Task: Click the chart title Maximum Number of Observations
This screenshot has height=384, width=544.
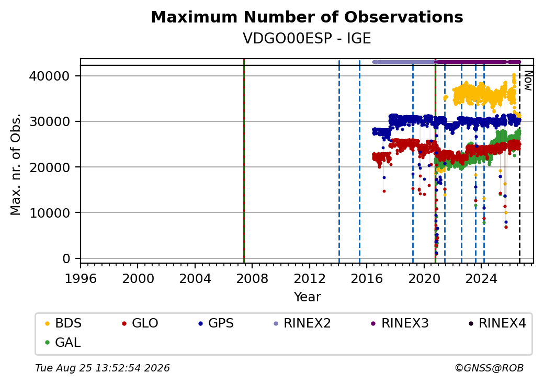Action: pos(307,17)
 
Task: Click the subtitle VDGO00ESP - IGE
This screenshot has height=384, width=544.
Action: pos(307,39)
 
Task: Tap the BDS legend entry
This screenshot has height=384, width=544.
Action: pos(63,323)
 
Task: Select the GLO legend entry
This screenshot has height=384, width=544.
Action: pos(140,323)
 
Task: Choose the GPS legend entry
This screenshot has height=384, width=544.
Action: pos(216,323)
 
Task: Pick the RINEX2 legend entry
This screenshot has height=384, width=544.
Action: pos(302,323)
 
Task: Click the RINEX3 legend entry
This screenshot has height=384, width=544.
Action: pos(400,323)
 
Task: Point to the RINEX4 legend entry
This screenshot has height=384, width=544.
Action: pos(497,323)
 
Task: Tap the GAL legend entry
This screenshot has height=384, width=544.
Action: pos(63,342)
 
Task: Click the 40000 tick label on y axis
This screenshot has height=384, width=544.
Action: pos(50,76)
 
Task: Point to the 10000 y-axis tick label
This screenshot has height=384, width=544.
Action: pos(50,213)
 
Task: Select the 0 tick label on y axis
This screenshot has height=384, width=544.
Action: pos(66,259)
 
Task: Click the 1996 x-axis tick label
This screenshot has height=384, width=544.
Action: pos(81,278)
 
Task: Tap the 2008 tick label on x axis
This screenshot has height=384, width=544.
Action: pos(252,278)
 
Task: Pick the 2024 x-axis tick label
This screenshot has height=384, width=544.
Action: pos(481,278)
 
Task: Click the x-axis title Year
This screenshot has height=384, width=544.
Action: pos(308,297)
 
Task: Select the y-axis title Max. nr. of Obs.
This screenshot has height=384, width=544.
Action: pos(16,164)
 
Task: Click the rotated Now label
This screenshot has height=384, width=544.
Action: pos(528,81)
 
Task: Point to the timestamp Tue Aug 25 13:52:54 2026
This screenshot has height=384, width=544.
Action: pos(103,368)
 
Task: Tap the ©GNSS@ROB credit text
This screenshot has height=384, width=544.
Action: pos(489,368)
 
